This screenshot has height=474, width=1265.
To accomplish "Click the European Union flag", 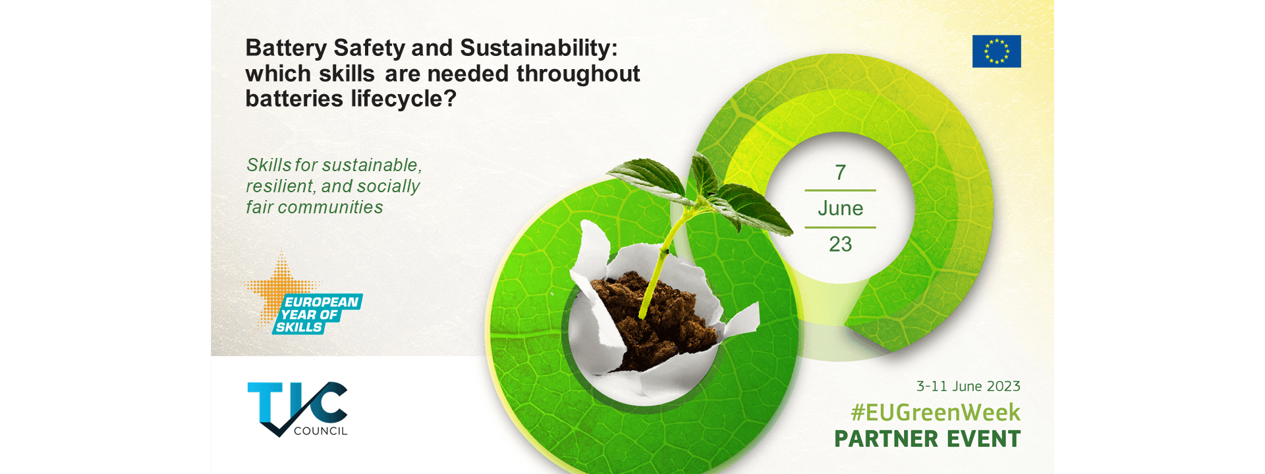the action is [996, 51].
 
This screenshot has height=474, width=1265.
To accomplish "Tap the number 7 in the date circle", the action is [840, 172].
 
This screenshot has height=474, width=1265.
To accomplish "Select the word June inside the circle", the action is [840, 209].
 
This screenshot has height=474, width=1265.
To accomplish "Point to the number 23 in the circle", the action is [840, 244].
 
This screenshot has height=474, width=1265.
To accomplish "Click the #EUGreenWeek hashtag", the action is [936, 413].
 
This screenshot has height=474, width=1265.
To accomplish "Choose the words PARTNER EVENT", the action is [928, 439].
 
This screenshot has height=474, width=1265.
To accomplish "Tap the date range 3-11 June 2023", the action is [969, 386].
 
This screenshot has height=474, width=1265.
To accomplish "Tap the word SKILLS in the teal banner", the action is [299, 327].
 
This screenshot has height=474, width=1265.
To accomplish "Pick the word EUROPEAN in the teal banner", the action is [322, 302].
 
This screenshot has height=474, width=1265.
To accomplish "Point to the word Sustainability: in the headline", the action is [539, 48].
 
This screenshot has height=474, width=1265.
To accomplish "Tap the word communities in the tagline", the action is [330, 207].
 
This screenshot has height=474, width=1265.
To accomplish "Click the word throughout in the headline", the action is [578, 74].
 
